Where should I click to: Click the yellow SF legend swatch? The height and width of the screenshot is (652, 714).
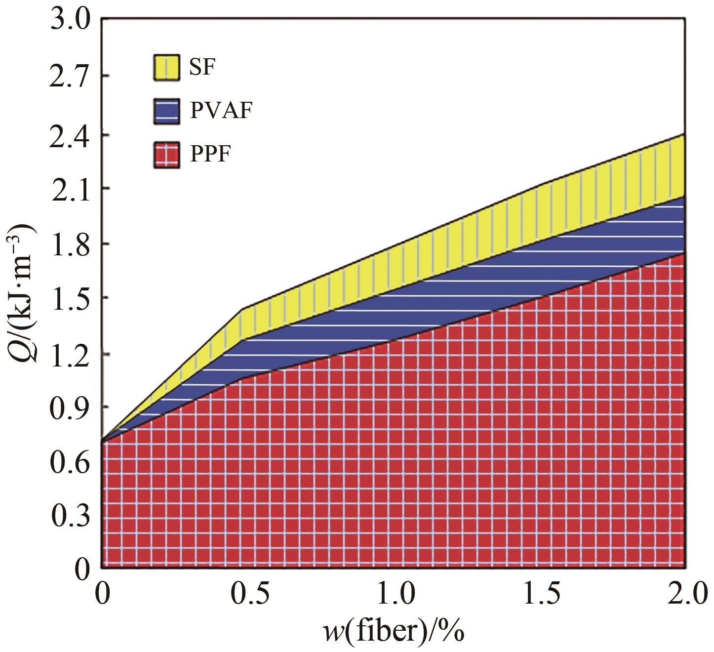165,67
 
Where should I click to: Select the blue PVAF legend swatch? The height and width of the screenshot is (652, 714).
165,111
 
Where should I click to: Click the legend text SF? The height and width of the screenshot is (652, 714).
202,67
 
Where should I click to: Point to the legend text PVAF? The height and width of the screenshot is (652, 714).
221,111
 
